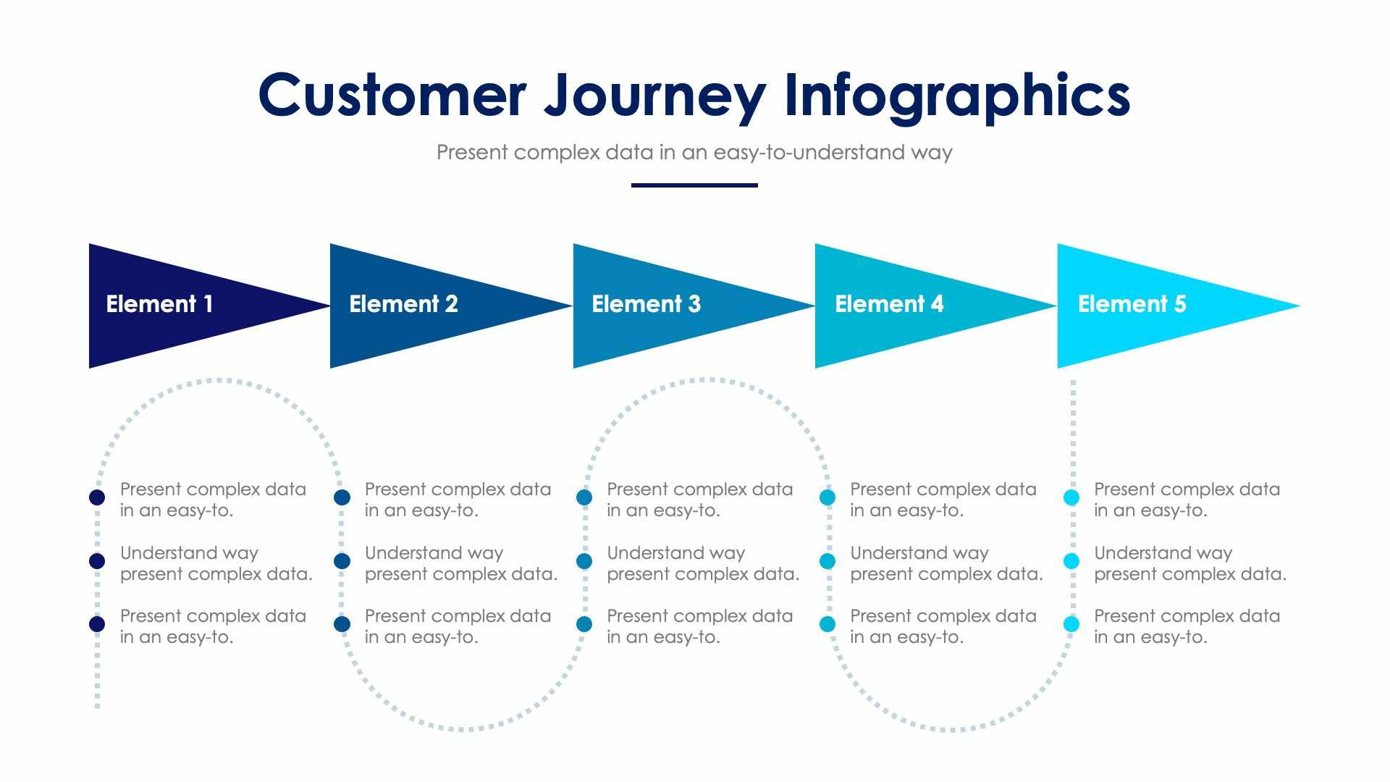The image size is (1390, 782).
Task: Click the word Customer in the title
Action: pyautogui.click(x=392, y=95)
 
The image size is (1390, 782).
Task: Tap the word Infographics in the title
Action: pyautogui.click(x=957, y=95)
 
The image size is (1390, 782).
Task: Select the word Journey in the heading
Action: pyautogui.click(x=654, y=95)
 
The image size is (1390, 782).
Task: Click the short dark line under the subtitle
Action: pyautogui.click(x=694, y=185)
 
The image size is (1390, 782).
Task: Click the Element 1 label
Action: pyautogui.click(x=159, y=304)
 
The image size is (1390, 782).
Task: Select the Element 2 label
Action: pyautogui.click(x=403, y=304)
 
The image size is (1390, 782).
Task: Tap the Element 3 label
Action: pyautogui.click(x=646, y=304)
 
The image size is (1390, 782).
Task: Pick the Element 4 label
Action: pyautogui.click(x=889, y=304)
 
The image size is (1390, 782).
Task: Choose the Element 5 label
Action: pyautogui.click(x=1132, y=304)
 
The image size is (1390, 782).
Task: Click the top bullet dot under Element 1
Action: pyautogui.click(x=97, y=497)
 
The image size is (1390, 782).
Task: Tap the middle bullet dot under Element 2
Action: pyautogui.click(x=342, y=561)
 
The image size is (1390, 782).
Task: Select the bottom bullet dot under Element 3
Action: pyautogui.click(x=584, y=624)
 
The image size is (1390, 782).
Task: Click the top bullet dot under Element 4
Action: pyautogui.click(x=827, y=497)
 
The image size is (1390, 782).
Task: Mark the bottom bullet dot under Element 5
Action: pyautogui.click(x=1071, y=624)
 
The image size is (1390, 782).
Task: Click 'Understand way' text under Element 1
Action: pyautogui.click(x=189, y=553)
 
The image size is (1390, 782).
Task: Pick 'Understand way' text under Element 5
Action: pyautogui.click(x=1163, y=553)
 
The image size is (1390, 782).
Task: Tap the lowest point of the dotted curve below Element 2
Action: pyautogui.click(x=461, y=728)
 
